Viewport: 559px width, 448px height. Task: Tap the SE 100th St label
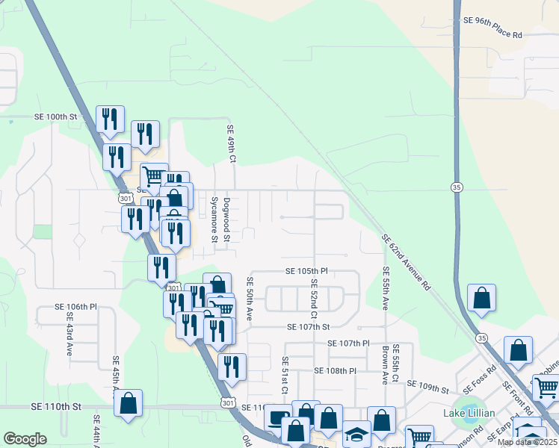56,117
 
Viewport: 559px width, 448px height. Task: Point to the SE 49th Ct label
232,144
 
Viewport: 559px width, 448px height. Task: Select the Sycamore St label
213,220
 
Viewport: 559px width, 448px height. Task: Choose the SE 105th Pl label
306,270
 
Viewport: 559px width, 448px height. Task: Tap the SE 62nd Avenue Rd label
407,262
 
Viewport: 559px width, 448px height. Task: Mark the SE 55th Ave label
386,288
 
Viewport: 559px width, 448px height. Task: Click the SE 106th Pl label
76,307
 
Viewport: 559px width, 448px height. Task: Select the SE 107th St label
308,326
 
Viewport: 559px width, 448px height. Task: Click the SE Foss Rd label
480,379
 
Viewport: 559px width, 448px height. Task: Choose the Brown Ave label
385,364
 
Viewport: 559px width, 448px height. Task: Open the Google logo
25,438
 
